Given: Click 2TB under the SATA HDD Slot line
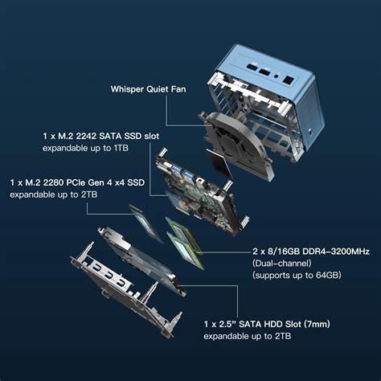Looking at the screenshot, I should point(280,335).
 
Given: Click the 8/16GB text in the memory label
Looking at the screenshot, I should point(275,252).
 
